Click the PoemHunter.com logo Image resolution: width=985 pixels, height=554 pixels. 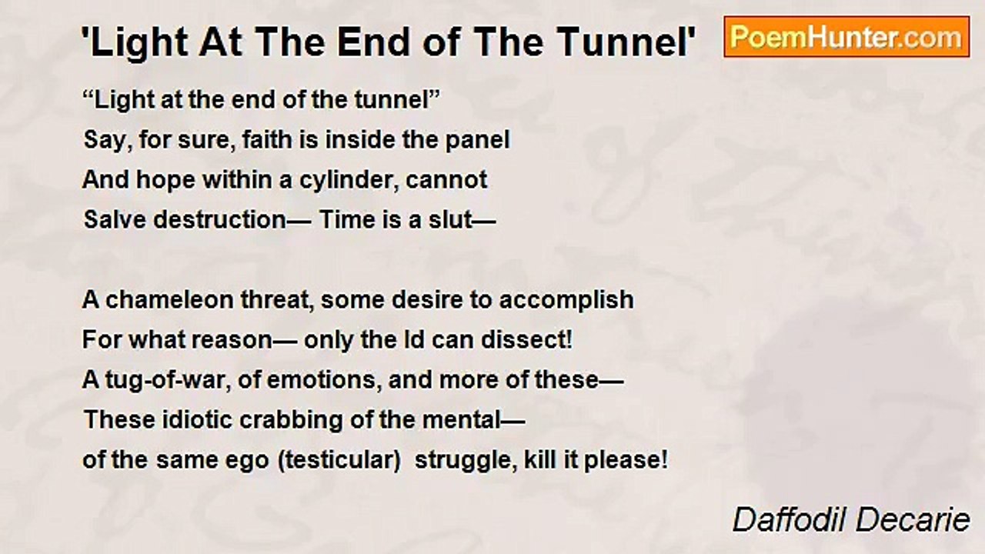click(x=846, y=37)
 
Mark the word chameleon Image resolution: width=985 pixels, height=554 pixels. click(x=170, y=299)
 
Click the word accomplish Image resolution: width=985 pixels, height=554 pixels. click(x=566, y=301)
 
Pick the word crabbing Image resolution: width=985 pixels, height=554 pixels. click(x=291, y=421)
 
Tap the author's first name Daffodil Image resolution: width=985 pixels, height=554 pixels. click(x=790, y=519)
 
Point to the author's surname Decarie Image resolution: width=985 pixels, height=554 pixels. click(x=913, y=519)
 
